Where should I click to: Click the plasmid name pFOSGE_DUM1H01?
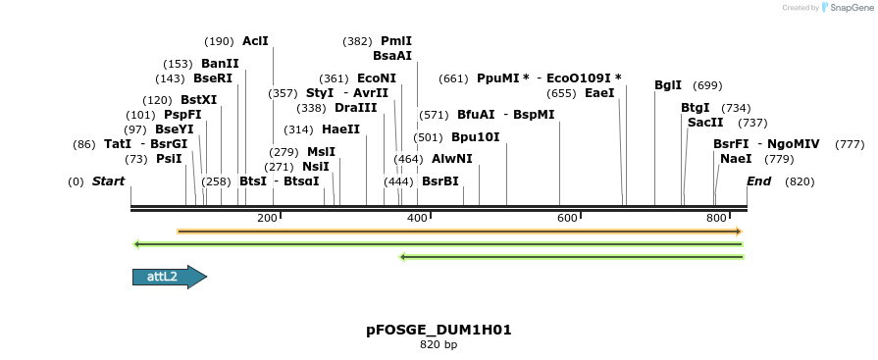coord(439,330)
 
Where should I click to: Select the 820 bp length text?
coord(439,345)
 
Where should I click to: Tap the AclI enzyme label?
coord(255,41)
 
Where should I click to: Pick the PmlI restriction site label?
coord(396,41)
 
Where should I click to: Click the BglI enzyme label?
coord(668,85)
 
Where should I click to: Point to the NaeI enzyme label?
coord(736,159)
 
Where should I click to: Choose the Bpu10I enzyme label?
coord(475,137)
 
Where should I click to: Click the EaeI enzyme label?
coord(599,93)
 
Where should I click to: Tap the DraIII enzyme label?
coord(355,108)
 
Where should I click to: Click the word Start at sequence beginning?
coord(108,181)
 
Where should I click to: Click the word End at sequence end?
coord(759,181)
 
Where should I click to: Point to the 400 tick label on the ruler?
coord(417,218)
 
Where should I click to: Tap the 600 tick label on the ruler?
coord(567,218)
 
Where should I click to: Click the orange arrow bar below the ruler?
coord(459,231)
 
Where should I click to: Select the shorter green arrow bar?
coord(571,257)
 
